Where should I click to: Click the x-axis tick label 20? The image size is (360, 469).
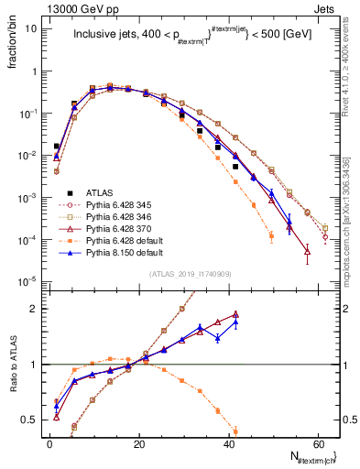pyautogui.click(x=139, y=443)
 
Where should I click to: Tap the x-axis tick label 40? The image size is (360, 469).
pyautogui.click(x=229, y=443)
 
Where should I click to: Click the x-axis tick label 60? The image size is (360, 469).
pyautogui.click(x=318, y=443)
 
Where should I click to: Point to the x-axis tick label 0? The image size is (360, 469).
pyautogui.click(x=49, y=443)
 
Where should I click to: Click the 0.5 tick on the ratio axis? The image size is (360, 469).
pyautogui.click(x=30, y=420)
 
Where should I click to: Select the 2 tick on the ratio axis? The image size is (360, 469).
pyautogui.click(x=34, y=309)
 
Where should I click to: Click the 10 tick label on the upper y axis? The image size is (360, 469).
pyautogui.click(x=30, y=28)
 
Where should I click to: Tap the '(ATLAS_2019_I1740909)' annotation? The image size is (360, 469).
pyautogui.click(x=190, y=274)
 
